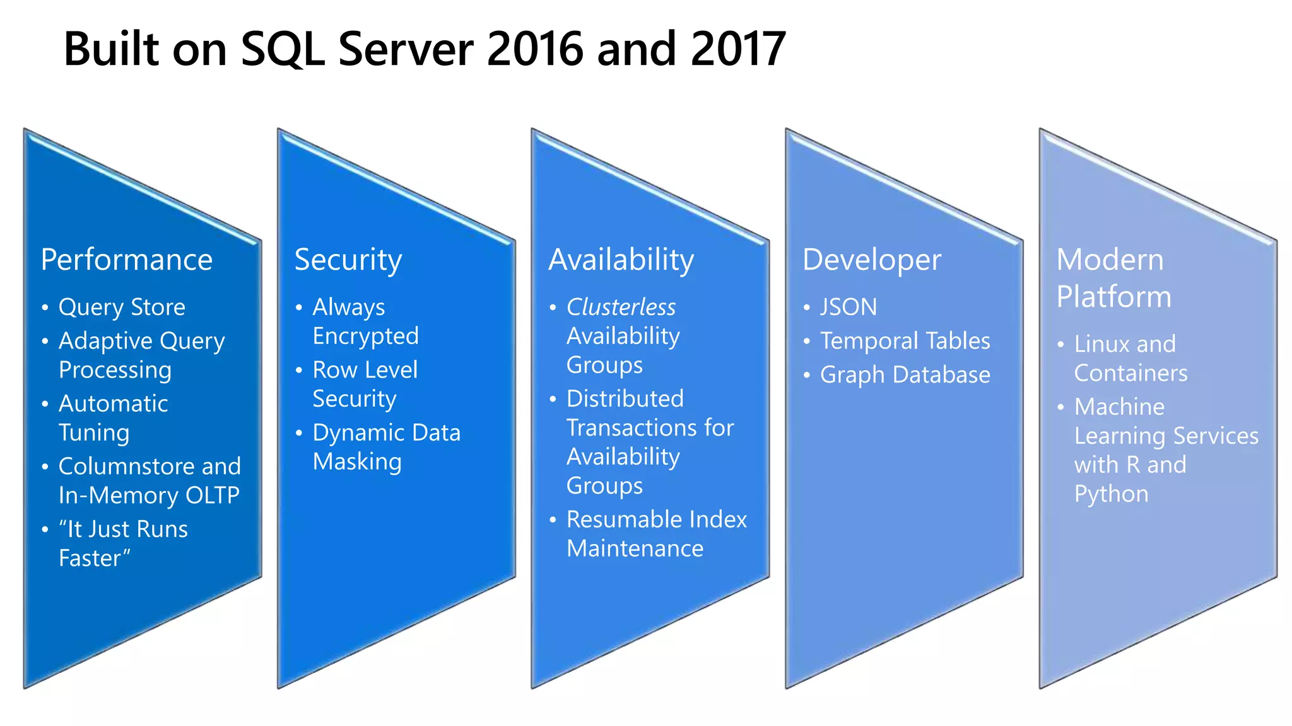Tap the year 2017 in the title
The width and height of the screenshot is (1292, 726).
tap(738, 49)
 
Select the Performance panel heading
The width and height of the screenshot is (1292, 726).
tap(127, 260)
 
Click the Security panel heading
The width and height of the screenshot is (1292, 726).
tap(348, 260)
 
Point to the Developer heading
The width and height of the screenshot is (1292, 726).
tap(872, 260)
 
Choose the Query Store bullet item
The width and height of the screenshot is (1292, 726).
tap(122, 308)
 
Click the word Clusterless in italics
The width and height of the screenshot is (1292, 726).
tap(621, 308)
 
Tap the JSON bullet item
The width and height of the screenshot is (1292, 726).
tap(849, 308)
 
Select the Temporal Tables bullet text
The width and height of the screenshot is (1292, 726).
tap(905, 341)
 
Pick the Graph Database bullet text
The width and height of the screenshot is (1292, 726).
tap(905, 375)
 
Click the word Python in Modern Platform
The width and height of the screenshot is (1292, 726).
tap(1111, 494)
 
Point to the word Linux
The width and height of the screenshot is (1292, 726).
tap(1101, 344)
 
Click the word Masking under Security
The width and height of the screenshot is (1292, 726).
tap(357, 462)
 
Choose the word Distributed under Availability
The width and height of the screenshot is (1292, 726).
tap(625, 399)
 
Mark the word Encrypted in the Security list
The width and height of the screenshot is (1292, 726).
tap(365, 337)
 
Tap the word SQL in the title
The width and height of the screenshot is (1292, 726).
tap(283, 49)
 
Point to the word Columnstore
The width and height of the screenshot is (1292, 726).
tap(117, 466)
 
